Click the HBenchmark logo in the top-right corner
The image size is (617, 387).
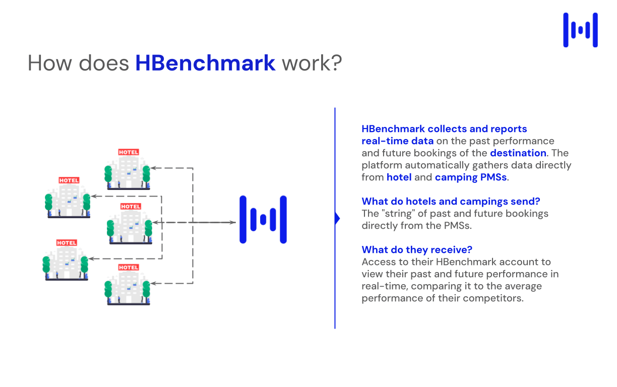pos(580,30)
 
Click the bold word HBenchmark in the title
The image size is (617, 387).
pos(205,63)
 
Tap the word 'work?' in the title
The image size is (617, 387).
pos(311,63)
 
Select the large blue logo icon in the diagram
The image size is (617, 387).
pos(263,220)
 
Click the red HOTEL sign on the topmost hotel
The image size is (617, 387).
pos(128,152)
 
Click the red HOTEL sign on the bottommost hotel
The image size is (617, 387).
pos(128,268)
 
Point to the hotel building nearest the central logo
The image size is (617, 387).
pos(130,227)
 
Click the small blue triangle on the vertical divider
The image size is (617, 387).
pos(337,218)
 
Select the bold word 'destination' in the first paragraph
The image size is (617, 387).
pos(518,153)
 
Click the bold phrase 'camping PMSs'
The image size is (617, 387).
pos(470,177)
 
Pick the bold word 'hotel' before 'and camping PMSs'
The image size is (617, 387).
pos(399,177)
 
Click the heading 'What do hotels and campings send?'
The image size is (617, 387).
pos(451,201)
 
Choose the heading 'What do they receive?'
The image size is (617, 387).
pos(416,249)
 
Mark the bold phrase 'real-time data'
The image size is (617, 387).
pos(397,141)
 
